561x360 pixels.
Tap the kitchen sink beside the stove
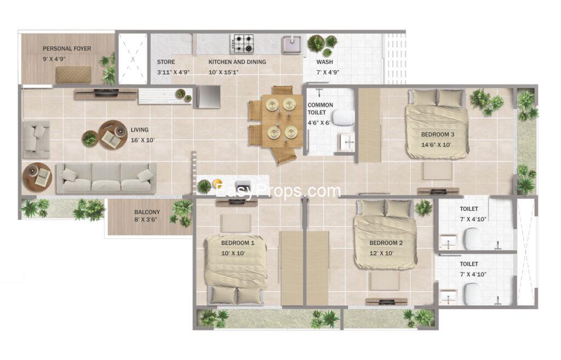click(293, 44)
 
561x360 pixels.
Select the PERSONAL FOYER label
click(67, 49)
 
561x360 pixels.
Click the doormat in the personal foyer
click(73, 75)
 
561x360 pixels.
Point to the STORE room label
click(166, 62)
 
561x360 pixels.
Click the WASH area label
click(324, 62)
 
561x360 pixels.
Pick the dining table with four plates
click(282, 121)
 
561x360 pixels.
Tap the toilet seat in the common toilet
click(343, 118)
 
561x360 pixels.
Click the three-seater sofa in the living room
click(106, 178)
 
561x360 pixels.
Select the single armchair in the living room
click(36, 139)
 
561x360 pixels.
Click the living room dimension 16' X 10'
click(142, 140)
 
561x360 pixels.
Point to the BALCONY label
click(147, 212)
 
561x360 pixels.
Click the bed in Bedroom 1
click(236, 269)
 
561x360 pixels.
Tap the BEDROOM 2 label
click(386, 243)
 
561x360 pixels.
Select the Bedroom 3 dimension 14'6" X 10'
click(436, 145)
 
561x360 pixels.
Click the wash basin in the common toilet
click(346, 142)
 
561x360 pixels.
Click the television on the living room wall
click(106, 94)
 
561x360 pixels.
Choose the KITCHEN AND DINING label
click(237, 62)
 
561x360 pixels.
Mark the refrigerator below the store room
click(209, 96)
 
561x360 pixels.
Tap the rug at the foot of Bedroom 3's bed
click(438, 171)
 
